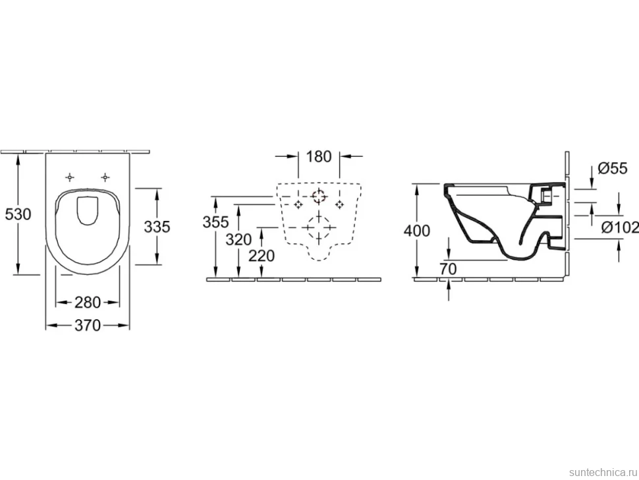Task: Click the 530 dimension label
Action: click(18, 214)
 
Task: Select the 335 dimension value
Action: click(157, 227)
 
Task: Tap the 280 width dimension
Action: click(87, 302)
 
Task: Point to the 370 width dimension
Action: click(87, 325)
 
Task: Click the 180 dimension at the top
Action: click(318, 156)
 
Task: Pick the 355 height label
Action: click(215, 222)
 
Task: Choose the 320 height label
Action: click(238, 239)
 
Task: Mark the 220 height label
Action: click(262, 256)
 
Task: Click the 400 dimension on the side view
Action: click(416, 231)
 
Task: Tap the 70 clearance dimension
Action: click(448, 269)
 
